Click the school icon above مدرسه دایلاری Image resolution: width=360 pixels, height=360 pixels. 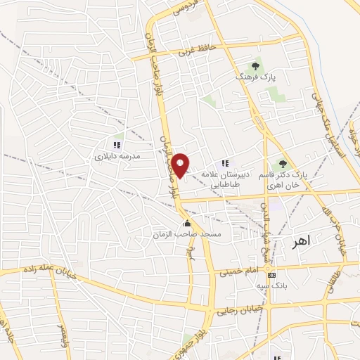[117, 145]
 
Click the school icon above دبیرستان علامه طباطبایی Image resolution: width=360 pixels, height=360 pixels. [225, 163]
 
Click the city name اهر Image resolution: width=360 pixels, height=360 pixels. [300, 242]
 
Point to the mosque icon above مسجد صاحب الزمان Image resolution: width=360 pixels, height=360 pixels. [186, 224]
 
